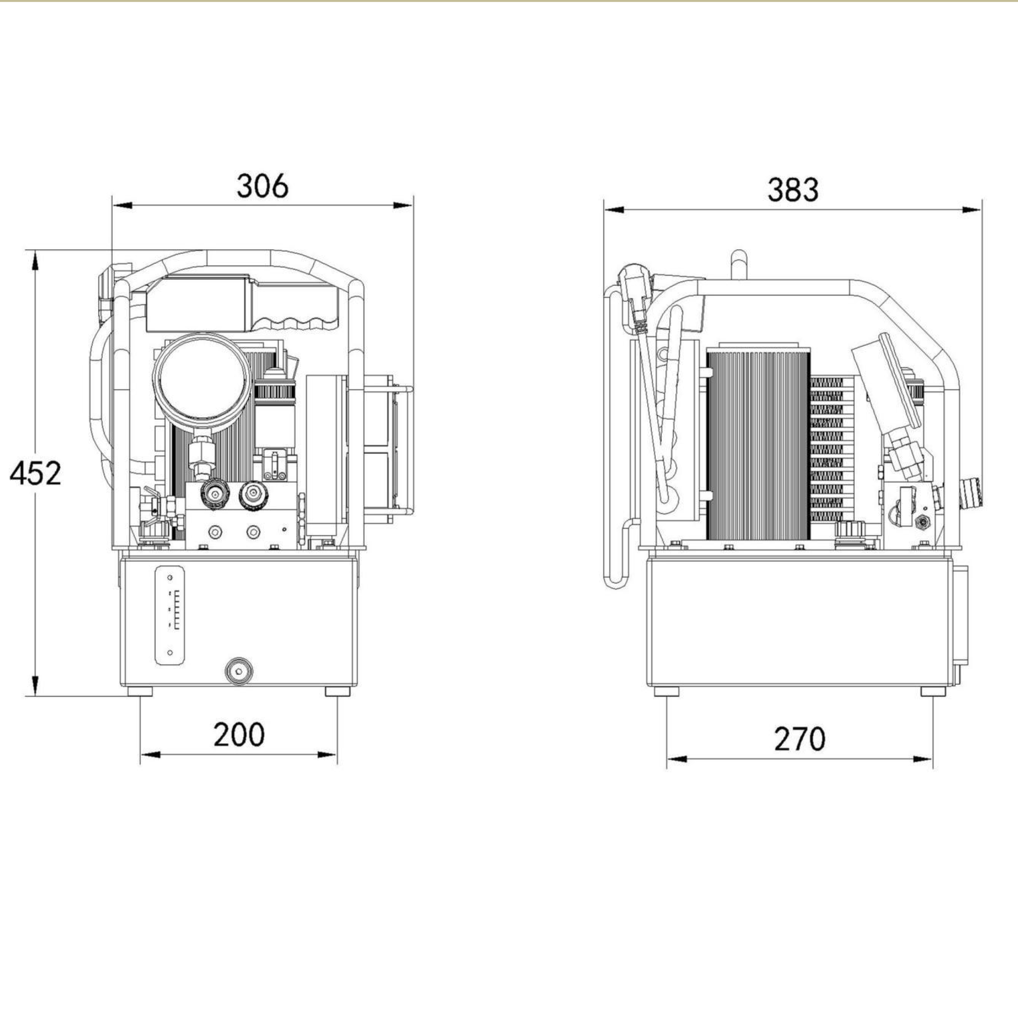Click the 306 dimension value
pos(262,185)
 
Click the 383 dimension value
pos(793,190)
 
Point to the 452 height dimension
pos(35,473)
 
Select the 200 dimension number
pos(239,735)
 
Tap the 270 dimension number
pos(799,739)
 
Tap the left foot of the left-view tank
pos(140,691)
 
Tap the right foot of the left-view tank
pos(337,691)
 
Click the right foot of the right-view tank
pos(933,691)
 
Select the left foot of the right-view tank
pos(666,691)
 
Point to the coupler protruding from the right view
pos(971,493)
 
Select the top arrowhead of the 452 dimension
pos(35,260)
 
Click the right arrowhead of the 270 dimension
pos(923,759)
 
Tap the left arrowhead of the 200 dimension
pos(150,755)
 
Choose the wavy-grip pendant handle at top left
pos(242,305)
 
